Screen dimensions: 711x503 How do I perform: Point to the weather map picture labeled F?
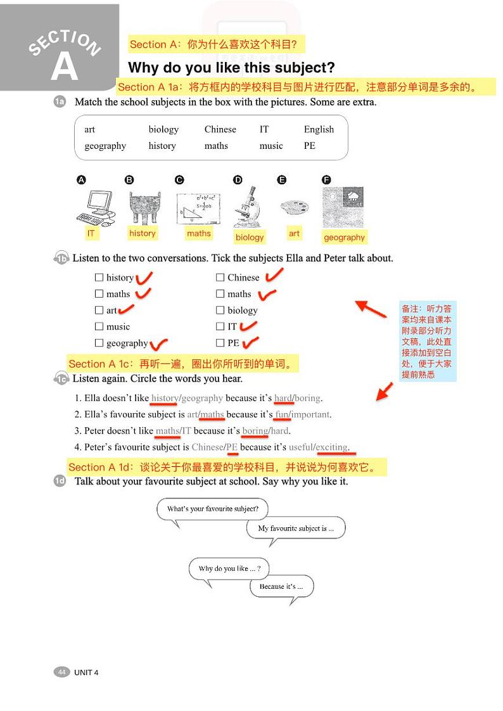(x=343, y=207)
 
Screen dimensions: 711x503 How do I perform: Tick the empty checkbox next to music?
(x=99, y=326)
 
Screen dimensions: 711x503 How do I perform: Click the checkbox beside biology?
(x=220, y=310)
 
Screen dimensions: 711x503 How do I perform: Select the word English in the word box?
(x=319, y=129)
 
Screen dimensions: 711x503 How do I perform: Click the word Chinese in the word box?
(x=220, y=129)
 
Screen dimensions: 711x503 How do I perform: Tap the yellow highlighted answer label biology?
(x=250, y=237)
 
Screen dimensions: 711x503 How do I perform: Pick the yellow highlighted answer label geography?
(x=344, y=237)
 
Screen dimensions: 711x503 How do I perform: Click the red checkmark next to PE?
(x=251, y=343)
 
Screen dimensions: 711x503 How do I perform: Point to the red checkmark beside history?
(x=144, y=277)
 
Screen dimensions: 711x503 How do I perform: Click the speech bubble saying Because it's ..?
(x=281, y=587)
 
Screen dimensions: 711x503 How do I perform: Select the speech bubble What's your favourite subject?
(x=213, y=509)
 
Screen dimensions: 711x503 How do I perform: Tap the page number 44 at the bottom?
(x=61, y=672)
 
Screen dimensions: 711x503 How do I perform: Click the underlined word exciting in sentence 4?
(x=332, y=447)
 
